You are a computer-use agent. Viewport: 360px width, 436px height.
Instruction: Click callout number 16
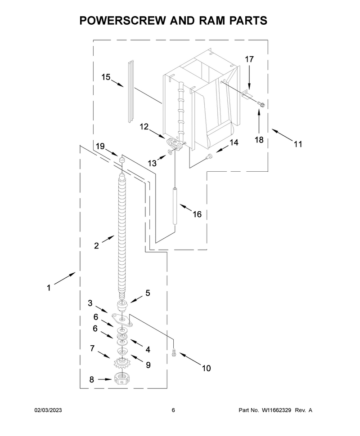pos(197,214)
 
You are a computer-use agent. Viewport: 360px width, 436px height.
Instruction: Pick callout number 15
pos(106,77)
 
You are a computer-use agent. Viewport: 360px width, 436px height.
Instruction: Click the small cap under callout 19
pos(121,160)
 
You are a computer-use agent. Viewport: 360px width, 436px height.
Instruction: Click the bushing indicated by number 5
pos(122,305)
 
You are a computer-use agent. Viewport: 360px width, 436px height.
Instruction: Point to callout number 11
pos(298,144)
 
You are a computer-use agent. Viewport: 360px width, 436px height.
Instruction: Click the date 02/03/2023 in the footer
pos(48,410)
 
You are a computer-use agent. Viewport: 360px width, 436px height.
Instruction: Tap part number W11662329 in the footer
pos(276,410)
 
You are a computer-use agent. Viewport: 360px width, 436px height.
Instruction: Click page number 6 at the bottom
pos(173,410)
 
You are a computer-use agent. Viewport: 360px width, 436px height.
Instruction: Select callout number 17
pos(249,59)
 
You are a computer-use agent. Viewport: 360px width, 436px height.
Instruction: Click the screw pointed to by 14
pos(209,156)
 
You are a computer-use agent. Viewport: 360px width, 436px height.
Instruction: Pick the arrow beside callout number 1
pos(65,279)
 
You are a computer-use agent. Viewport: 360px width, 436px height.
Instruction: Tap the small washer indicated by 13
pos(170,151)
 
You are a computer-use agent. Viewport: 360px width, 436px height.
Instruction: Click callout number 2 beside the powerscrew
pos(96,246)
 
